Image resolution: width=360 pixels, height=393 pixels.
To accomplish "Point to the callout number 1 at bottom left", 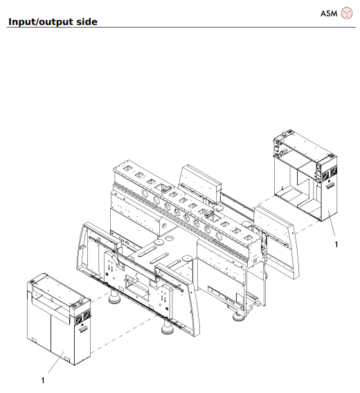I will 43,380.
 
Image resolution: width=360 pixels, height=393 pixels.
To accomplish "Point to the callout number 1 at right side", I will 336,244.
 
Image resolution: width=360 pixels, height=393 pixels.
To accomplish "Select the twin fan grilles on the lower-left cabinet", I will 82,317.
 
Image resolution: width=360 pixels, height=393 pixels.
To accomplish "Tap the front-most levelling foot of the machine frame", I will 167,328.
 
